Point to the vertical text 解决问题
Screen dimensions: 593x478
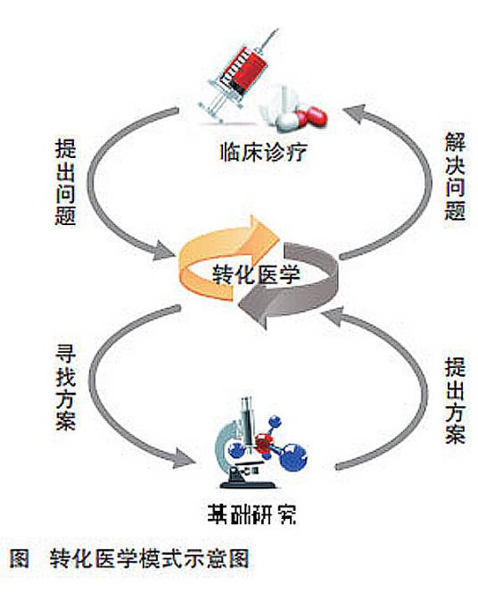(452, 177)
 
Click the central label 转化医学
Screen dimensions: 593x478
(253, 276)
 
